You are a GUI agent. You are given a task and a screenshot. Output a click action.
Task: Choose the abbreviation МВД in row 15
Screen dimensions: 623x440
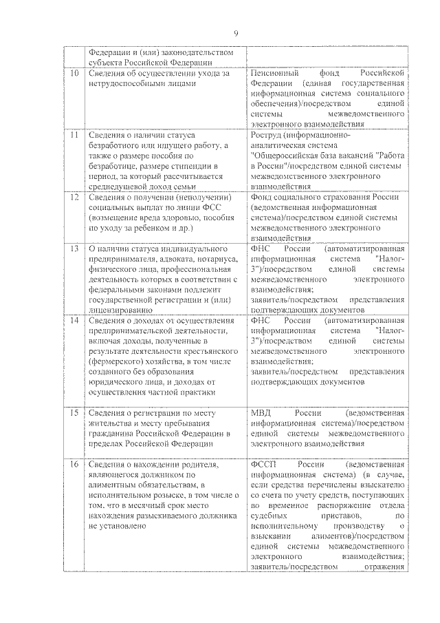262,413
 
